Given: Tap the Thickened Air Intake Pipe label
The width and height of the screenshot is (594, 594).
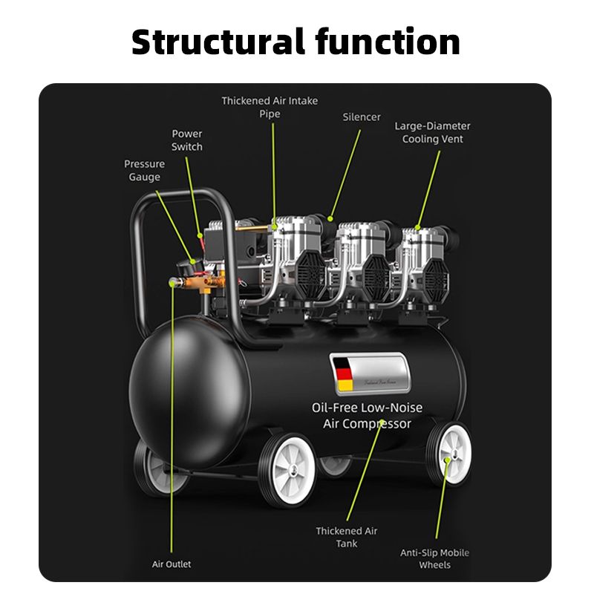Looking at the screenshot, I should pos(270,107).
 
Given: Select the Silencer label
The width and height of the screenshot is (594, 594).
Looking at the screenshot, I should pos(362,117).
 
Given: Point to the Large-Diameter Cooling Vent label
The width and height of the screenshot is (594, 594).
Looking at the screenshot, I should pos(432,133).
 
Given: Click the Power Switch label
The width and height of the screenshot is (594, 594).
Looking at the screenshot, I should pos(187,140).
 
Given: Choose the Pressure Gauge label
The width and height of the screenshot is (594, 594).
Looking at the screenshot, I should pos(144,171).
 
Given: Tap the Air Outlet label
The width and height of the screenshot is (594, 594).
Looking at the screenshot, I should pos(172,564).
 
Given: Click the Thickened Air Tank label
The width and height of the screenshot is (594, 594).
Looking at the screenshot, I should pos(347,537).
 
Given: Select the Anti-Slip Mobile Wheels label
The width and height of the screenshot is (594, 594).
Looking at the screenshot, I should pos(435,558).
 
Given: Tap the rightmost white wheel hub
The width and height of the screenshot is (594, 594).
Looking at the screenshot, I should pos(451,451).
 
